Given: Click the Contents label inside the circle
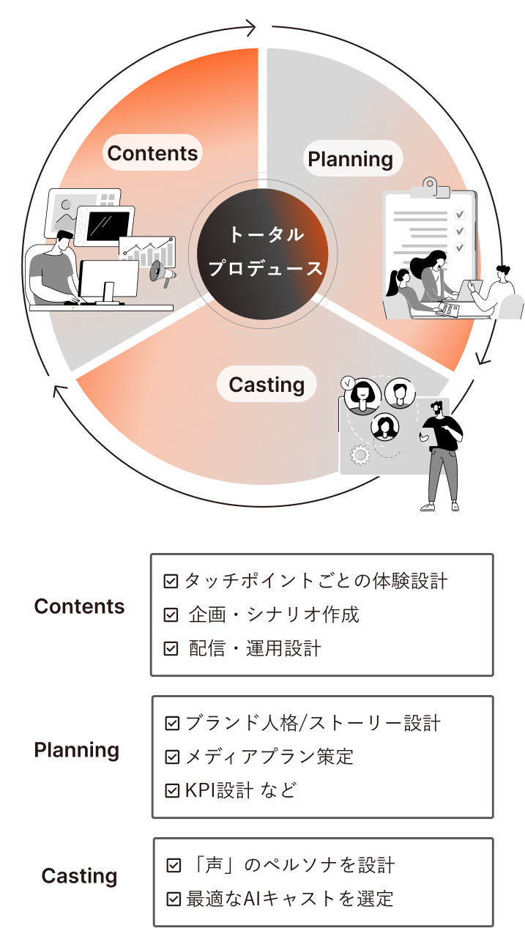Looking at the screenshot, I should pos(152,153).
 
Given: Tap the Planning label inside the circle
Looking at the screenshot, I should pos(350,159).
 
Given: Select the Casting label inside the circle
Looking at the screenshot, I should pos(267,385).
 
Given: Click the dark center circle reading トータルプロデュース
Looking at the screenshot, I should pos(266,252).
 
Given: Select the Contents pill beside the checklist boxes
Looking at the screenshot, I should pos(79,606).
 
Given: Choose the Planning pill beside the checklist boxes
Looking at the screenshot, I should pos(77,750).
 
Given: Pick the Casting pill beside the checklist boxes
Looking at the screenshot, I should pos(79,876).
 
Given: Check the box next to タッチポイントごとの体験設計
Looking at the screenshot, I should pos(171,582).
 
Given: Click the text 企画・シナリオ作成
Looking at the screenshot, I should pos(274,615).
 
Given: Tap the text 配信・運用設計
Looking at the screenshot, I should pos(255,648).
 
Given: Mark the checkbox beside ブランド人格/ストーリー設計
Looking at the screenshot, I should pos(173,724).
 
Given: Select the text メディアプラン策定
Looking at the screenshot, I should pos(269,756).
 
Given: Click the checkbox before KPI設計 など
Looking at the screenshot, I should pos(173,790).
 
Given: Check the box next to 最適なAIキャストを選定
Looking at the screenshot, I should pos(174,898).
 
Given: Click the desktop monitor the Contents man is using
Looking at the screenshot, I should pos(108,278).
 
